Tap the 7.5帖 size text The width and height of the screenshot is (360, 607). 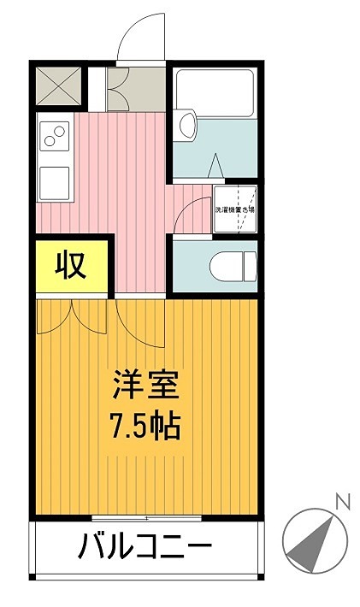coord(145,424)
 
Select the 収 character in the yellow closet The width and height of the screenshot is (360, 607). coord(72,266)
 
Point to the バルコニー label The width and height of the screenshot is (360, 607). coord(146,545)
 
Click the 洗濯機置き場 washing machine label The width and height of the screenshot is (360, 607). coord(235,208)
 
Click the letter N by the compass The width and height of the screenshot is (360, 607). coord(343,502)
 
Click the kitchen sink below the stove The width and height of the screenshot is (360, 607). coord(56,180)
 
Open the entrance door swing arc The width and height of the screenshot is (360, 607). coord(138,38)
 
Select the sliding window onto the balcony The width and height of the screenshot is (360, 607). coord(146,518)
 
